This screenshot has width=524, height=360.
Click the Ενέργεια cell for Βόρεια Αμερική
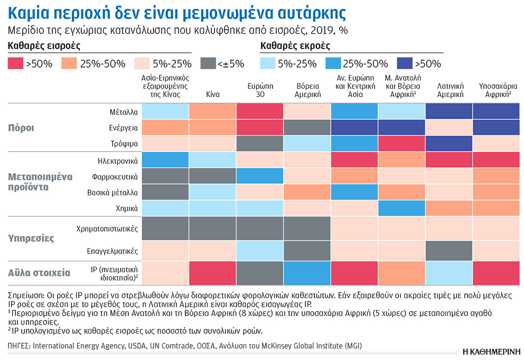pyautogui.click(x=307, y=127)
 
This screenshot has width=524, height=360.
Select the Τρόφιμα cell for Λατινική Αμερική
pyautogui.click(x=449, y=143)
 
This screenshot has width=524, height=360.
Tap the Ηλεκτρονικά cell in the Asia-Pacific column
pyautogui.click(x=165, y=159)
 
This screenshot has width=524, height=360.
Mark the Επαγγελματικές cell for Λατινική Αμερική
pyautogui.click(x=449, y=250)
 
